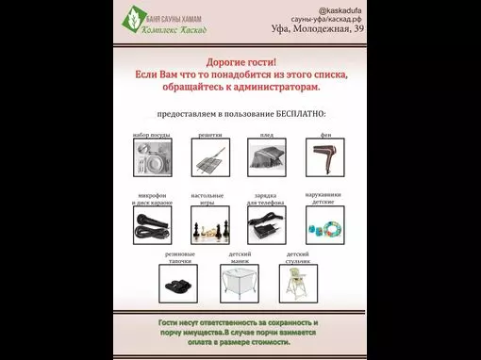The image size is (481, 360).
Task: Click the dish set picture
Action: [x=152, y=157]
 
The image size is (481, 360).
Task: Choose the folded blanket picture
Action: [x=267, y=157]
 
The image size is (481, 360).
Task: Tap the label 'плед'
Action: [x=267, y=136]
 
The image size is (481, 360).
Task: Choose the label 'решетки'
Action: [x=207, y=136]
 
